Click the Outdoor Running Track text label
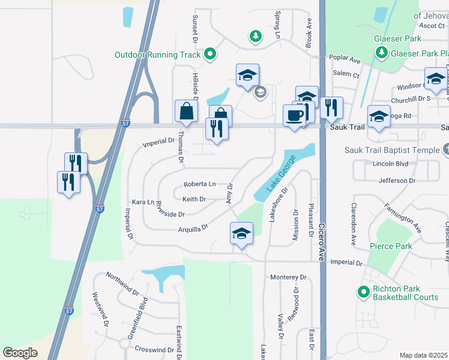157,55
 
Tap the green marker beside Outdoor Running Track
209,55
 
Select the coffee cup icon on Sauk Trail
294,115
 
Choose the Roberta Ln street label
199,184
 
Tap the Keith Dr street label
194,199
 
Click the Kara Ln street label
143,203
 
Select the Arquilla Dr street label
192,228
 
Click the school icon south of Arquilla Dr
241,233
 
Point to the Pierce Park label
391,246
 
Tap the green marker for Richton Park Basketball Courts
363,292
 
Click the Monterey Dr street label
288,277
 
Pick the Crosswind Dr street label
154,349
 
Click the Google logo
20,353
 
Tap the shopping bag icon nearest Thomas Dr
186,112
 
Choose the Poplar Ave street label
346,61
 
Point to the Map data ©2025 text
423,355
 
